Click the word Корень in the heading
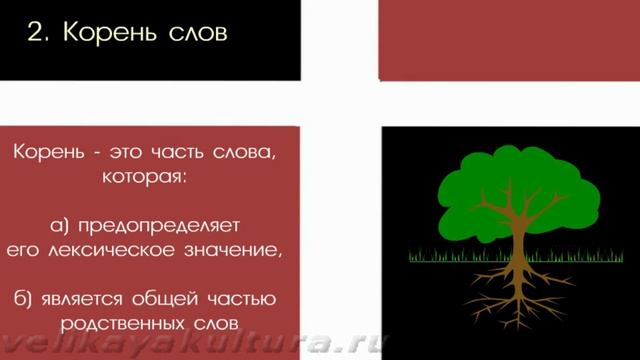pyautogui.click(x=109, y=32)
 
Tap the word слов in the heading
pyautogui.click(x=196, y=32)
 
